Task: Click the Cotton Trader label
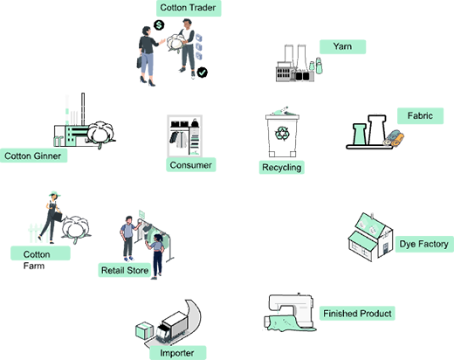click(x=189, y=8)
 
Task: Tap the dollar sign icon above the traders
click(x=159, y=25)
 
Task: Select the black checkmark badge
click(x=203, y=73)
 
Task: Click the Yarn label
click(x=342, y=46)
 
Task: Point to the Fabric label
click(x=420, y=116)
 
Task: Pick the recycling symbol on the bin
click(x=282, y=134)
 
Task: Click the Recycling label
click(x=282, y=168)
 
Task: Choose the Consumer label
click(x=191, y=165)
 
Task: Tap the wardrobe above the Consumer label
click(x=184, y=135)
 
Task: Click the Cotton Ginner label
click(x=33, y=156)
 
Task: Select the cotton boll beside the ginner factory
click(x=100, y=134)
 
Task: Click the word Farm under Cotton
click(x=34, y=266)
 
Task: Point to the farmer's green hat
click(x=54, y=194)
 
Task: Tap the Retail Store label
click(x=125, y=270)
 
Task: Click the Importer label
click(x=177, y=353)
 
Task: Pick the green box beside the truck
click(x=144, y=331)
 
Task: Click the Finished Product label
click(x=357, y=314)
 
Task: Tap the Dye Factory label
click(x=424, y=244)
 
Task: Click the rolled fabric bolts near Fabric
click(x=394, y=138)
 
